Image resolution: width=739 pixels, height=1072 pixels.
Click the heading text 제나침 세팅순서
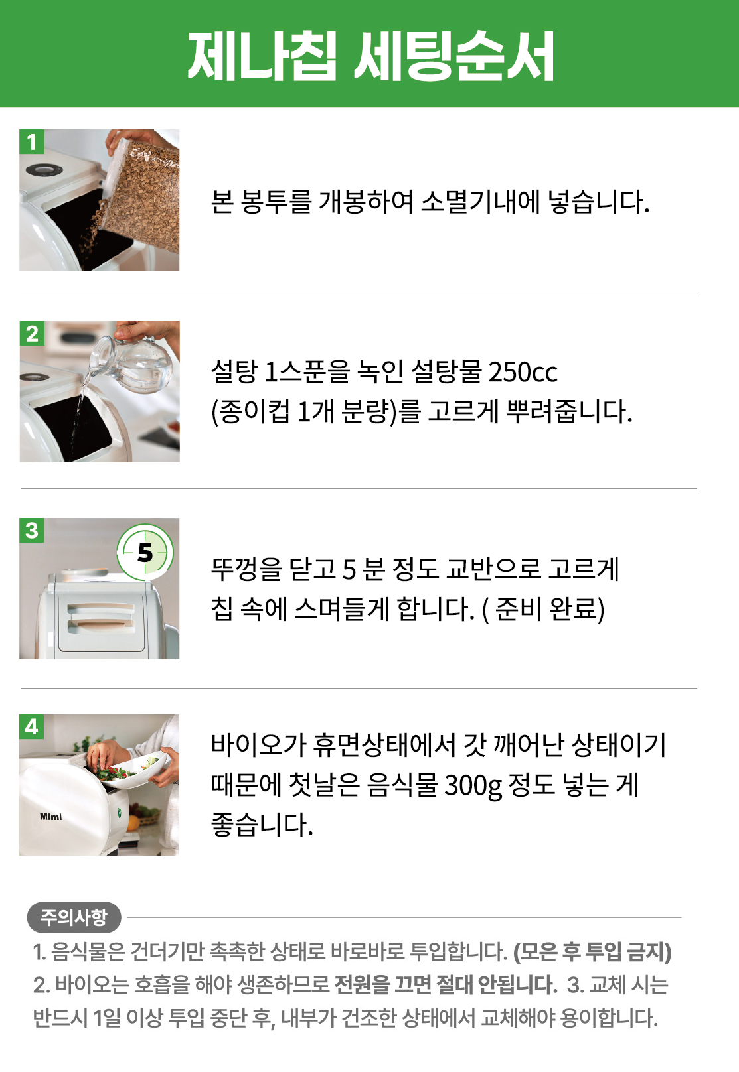pyautogui.click(x=370, y=56)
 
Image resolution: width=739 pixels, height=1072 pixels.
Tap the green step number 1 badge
pyautogui.click(x=32, y=142)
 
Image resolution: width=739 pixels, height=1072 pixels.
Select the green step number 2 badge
pyautogui.click(x=32, y=334)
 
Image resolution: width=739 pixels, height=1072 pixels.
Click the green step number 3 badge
pyautogui.click(x=32, y=530)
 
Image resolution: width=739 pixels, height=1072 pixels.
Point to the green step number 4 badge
pyautogui.click(x=32, y=727)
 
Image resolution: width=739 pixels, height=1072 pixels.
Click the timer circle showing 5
pyautogui.click(x=145, y=553)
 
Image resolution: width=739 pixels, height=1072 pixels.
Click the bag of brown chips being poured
pyautogui.click(x=141, y=196)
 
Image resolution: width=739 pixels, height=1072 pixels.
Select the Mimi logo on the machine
pyautogui.click(x=50, y=817)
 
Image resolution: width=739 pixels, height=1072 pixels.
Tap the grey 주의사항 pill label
pyautogui.click(x=74, y=917)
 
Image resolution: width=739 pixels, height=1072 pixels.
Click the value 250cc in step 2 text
pyautogui.click(x=523, y=372)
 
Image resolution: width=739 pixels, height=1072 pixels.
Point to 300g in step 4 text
pyautogui.click(x=473, y=786)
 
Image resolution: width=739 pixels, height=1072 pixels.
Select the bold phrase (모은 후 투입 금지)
pyautogui.click(x=592, y=952)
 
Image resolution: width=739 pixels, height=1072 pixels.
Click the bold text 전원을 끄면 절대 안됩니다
pyautogui.click(x=446, y=985)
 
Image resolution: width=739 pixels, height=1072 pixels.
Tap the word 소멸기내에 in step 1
pyautogui.click(x=480, y=202)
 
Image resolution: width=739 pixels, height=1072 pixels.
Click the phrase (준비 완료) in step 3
pyautogui.click(x=543, y=609)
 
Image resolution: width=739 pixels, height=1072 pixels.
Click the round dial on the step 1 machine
pyautogui.click(x=44, y=170)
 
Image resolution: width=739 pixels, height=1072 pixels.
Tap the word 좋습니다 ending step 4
pyautogui.click(x=262, y=825)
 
